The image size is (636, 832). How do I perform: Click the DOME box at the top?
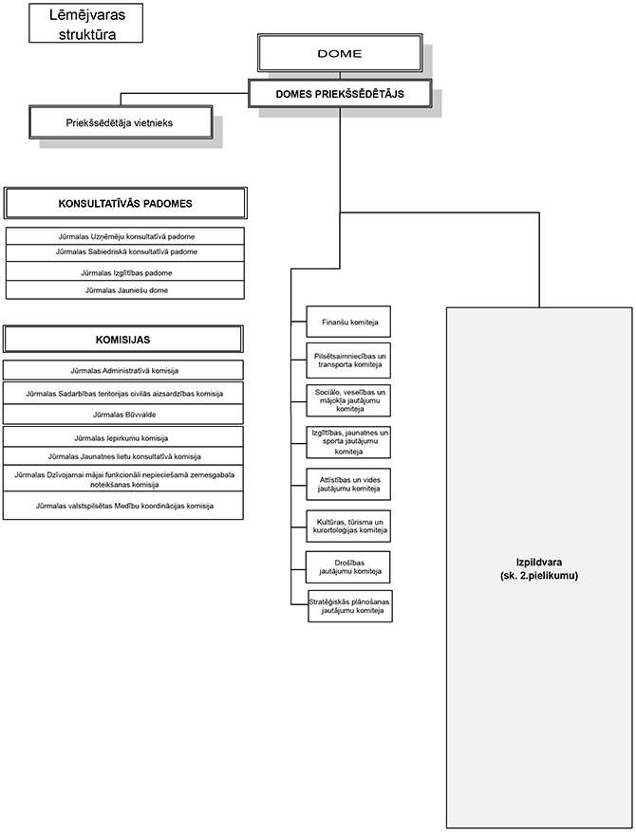pyautogui.click(x=338, y=54)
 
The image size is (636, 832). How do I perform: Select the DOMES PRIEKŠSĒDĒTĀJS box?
pyautogui.click(x=340, y=93)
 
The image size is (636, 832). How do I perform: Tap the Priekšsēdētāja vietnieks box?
pyautogui.click(x=120, y=122)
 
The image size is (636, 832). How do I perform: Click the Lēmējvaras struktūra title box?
pyautogui.click(x=85, y=22)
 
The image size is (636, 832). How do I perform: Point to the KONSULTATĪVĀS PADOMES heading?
pyautogui.click(x=125, y=203)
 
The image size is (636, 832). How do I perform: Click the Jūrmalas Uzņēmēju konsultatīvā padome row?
pyautogui.click(x=125, y=236)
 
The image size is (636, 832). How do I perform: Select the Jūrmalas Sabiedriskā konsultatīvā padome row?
pyautogui.click(x=125, y=252)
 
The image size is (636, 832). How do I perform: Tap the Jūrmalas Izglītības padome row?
pyautogui.click(x=125, y=273)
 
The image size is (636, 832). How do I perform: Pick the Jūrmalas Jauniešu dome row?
pyautogui.click(x=125, y=290)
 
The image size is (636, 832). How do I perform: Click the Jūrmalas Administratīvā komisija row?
pyautogui.click(x=123, y=370)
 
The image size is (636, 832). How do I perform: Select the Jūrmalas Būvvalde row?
pyautogui.click(x=123, y=415)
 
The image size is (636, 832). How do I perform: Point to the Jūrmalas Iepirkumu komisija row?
pyautogui.click(x=123, y=438)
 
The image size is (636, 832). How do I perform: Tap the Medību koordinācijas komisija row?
pyautogui.click(x=123, y=507)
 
